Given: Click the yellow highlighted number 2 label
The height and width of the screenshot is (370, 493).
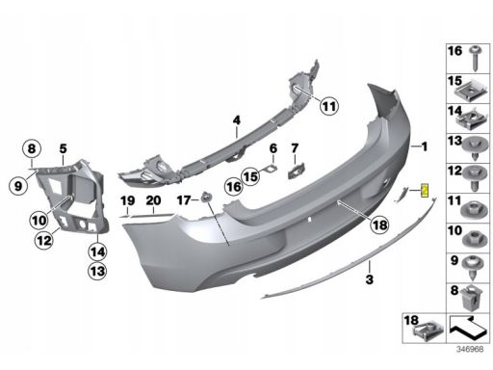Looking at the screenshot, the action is [x=425, y=191].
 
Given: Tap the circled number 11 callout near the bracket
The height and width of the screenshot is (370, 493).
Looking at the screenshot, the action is [x=329, y=106].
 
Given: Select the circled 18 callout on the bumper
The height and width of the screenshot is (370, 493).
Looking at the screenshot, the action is [x=379, y=225].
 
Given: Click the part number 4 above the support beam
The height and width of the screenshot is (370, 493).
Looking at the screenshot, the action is [x=237, y=120].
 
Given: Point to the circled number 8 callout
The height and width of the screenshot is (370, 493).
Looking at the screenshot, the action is [x=32, y=148].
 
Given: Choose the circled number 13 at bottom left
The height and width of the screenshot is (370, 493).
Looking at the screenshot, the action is [x=97, y=272].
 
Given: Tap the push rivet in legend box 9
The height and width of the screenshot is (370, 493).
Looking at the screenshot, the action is [x=474, y=268].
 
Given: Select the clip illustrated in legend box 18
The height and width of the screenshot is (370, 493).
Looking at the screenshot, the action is [x=429, y=330].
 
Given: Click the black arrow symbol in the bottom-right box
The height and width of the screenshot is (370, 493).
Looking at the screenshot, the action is [x=468, y=329].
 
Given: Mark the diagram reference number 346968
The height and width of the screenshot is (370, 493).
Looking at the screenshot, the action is [x=470, y=350].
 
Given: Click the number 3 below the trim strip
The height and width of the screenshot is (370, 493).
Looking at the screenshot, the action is [x=370, y=279].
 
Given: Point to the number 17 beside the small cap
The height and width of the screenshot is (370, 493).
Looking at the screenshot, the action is [x=184, y=200].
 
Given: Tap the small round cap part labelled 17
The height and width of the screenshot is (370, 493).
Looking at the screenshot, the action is [x=206, y=197].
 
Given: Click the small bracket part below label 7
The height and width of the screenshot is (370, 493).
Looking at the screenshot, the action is [x=296, y=172].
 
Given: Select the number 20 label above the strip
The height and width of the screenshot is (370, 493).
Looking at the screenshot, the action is [x=153, y=200].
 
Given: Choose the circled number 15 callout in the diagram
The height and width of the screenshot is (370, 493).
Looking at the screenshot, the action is [x=250, y=176].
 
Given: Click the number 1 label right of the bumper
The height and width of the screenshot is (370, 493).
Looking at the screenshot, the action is [x=425, y=146].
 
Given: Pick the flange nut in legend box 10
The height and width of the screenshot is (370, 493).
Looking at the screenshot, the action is [x=475, y=238].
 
